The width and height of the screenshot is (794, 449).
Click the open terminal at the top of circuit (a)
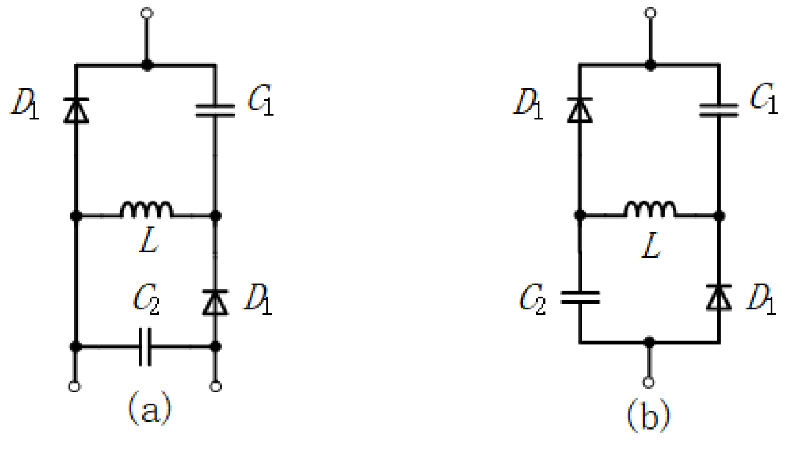click(x=146, y=13)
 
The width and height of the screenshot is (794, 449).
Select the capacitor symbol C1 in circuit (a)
click(x=216, y=110)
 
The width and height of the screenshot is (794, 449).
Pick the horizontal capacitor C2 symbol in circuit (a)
click(x=145, y=347)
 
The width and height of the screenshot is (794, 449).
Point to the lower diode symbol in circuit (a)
click(x=216, y=302)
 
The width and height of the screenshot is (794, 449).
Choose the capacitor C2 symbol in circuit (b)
click(x=580, y=297)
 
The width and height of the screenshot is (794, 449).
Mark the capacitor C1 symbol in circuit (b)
click(x=719, y=109)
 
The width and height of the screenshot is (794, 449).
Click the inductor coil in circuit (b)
click(x=650, y=210)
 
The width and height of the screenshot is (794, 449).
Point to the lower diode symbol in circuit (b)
click(x=719, y=297)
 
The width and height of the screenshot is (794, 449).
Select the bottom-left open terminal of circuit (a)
click(x=76, y=386)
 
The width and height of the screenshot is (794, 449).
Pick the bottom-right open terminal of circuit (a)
click(x=216, y=386)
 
